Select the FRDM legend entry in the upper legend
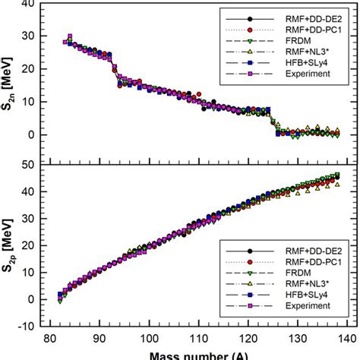coord(301,39)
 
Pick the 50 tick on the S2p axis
coord(36,164)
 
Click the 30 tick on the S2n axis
coord(36,35)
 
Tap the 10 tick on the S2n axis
coord(36,101)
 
